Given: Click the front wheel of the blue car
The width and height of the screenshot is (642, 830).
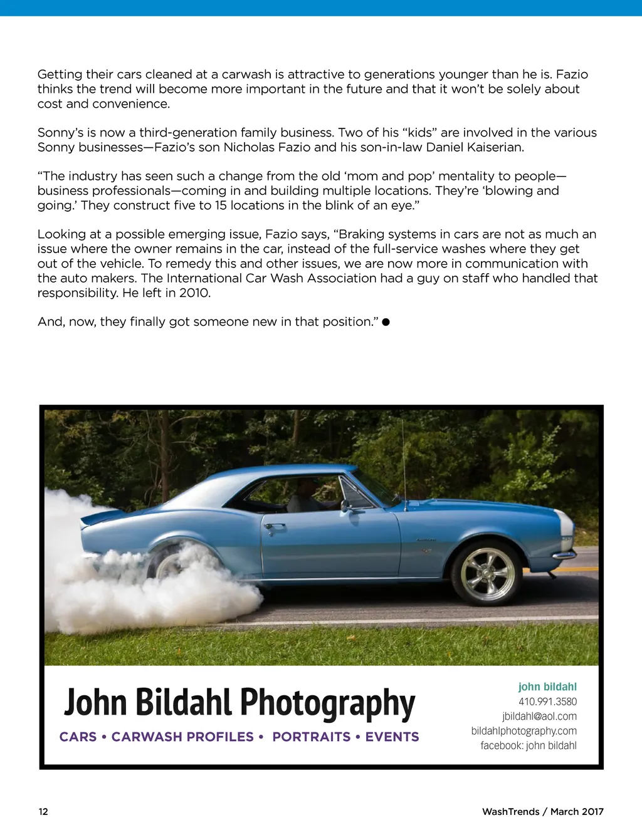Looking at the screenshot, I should click(487, 574).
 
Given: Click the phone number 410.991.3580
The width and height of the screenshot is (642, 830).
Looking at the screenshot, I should click(547, 702).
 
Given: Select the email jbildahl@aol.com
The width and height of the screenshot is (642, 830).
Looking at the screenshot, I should click(539, 716).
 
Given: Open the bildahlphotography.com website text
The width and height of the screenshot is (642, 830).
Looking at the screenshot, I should click(524, 730).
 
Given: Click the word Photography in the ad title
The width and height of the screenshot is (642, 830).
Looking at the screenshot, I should click(327, 703).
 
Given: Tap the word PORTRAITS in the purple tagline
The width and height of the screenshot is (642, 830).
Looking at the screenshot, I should click(311, 737).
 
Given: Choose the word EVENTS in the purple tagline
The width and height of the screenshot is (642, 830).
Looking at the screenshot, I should click(392, 737).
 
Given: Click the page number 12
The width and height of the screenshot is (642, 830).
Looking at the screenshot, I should click(43, 811).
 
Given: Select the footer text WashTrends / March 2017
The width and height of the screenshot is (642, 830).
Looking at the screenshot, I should click(542, 811).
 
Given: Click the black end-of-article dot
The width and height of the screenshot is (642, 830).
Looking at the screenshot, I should click(386, 322).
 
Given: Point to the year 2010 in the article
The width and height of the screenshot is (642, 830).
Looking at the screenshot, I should click(194, 293).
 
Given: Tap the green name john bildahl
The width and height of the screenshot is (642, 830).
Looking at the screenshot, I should click(547, 687).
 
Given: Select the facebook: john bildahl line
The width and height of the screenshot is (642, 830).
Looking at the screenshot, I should click(529, 745).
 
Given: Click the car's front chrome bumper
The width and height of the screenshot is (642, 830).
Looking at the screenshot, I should click(566, 554).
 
